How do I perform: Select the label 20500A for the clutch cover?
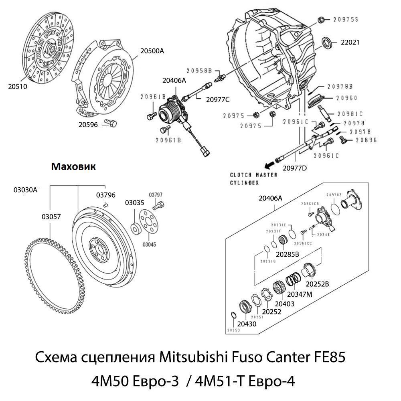tap(152, 51)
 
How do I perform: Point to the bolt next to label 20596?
tap(109, 123)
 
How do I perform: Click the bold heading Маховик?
tap(73, 167)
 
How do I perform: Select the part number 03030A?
tap(25, 190)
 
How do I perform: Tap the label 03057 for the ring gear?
tap(51, 217)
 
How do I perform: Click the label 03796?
tap(105, 195)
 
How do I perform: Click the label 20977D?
tap(295, 168)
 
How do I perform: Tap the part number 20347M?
tap(300, 294)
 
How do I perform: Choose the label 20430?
tap(247, 324)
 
